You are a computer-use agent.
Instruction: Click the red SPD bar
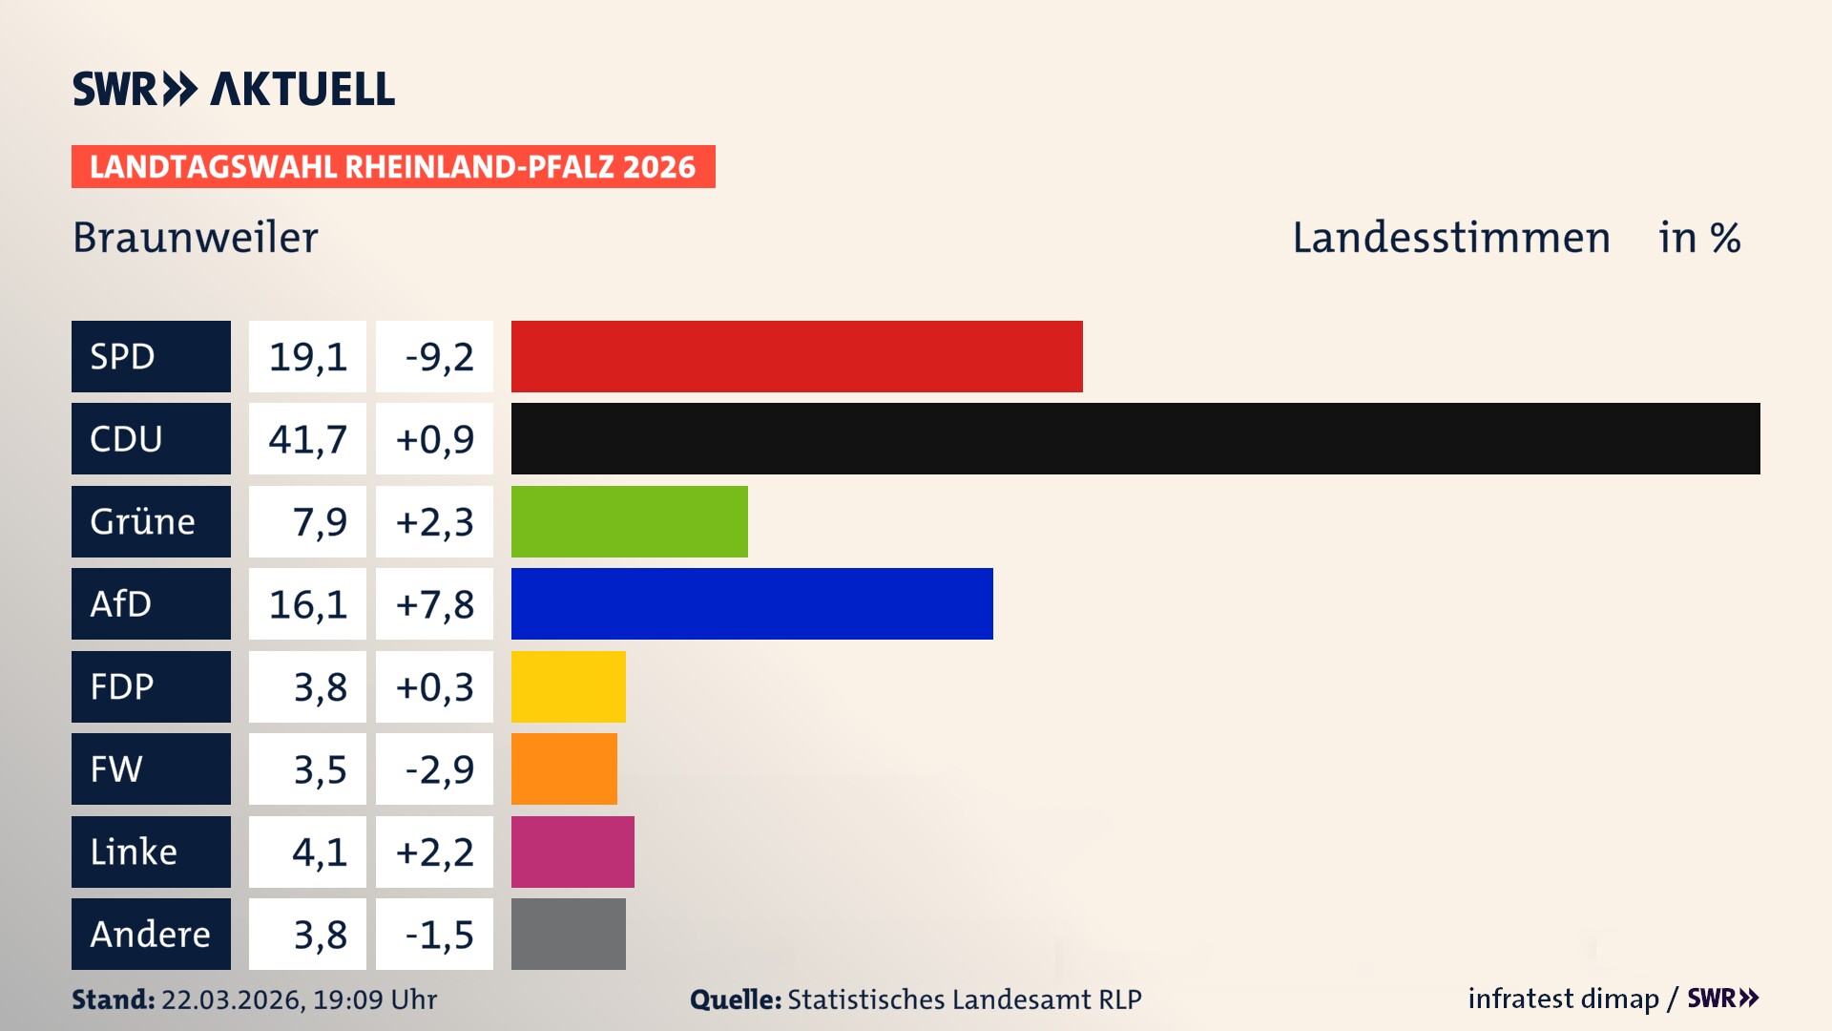[797, 356]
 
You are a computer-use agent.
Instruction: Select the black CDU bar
[1135, 439]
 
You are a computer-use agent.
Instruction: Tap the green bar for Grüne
[630, 521]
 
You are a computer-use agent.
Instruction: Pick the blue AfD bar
[752, 603]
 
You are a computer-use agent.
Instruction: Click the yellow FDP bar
[569, 686]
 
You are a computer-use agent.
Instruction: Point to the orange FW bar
[564, 768]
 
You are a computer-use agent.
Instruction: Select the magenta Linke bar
[572, 852]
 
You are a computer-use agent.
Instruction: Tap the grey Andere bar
[569, 934]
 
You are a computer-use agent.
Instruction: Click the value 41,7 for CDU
[307, 439]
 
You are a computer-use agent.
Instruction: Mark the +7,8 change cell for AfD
[435, 603]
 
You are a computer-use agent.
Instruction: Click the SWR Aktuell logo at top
[234, 89]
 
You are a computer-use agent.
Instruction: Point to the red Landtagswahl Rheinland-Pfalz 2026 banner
[393, 167]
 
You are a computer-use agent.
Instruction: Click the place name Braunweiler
[196, 238]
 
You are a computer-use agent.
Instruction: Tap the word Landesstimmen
[1450, 238]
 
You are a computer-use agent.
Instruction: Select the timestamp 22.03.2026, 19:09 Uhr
[299, 999]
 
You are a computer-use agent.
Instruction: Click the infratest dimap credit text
[1563, 999]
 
